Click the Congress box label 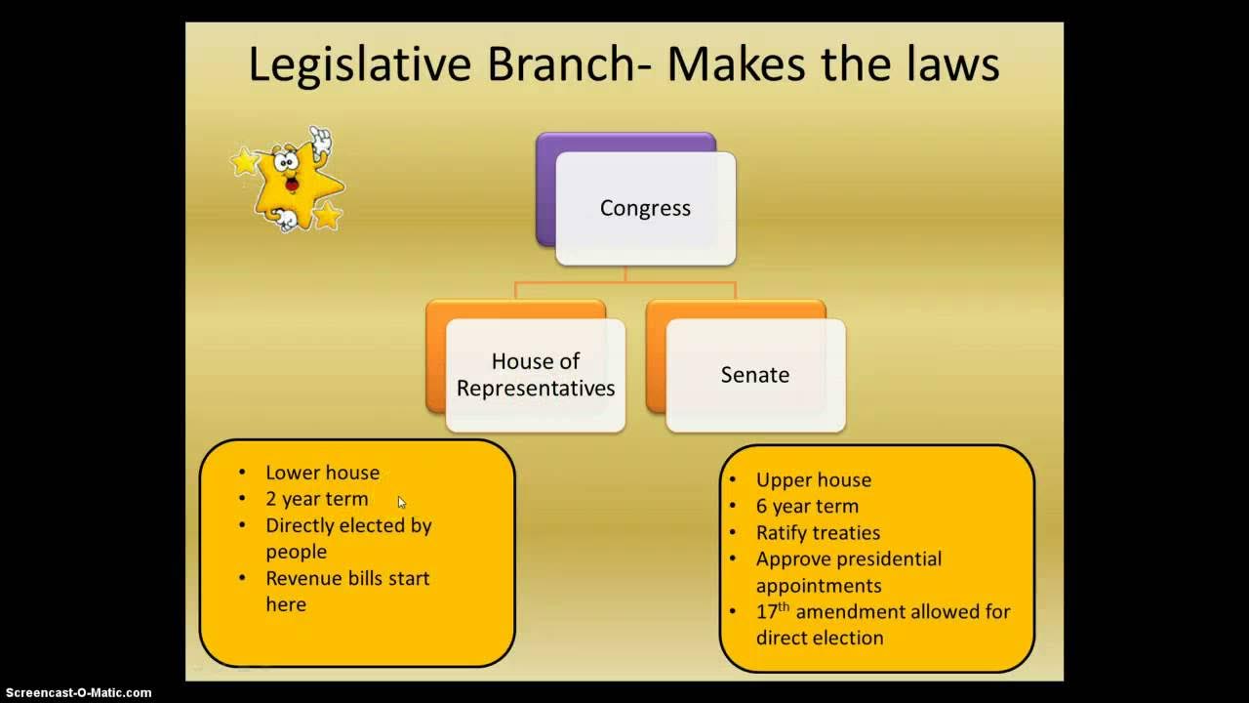pos(645,208)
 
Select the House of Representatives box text pos(536,375)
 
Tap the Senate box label pos(754,375)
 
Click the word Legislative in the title pos(362,64)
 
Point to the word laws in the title pos(951,64)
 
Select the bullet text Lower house pos(322,473)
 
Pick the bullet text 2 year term pos(317,499)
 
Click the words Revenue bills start pos(347,578)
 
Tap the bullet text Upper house pos(813,480)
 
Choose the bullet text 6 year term pos(807,507)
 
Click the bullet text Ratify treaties pos(818,533)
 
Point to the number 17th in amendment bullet pos(772,611)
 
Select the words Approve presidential pos(848,559)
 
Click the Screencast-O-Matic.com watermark pos(76,693)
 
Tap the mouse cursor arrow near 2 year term pos(401,502)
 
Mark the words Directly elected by pos(348,525)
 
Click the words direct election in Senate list pos(820,638)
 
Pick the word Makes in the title pos(736,64)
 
